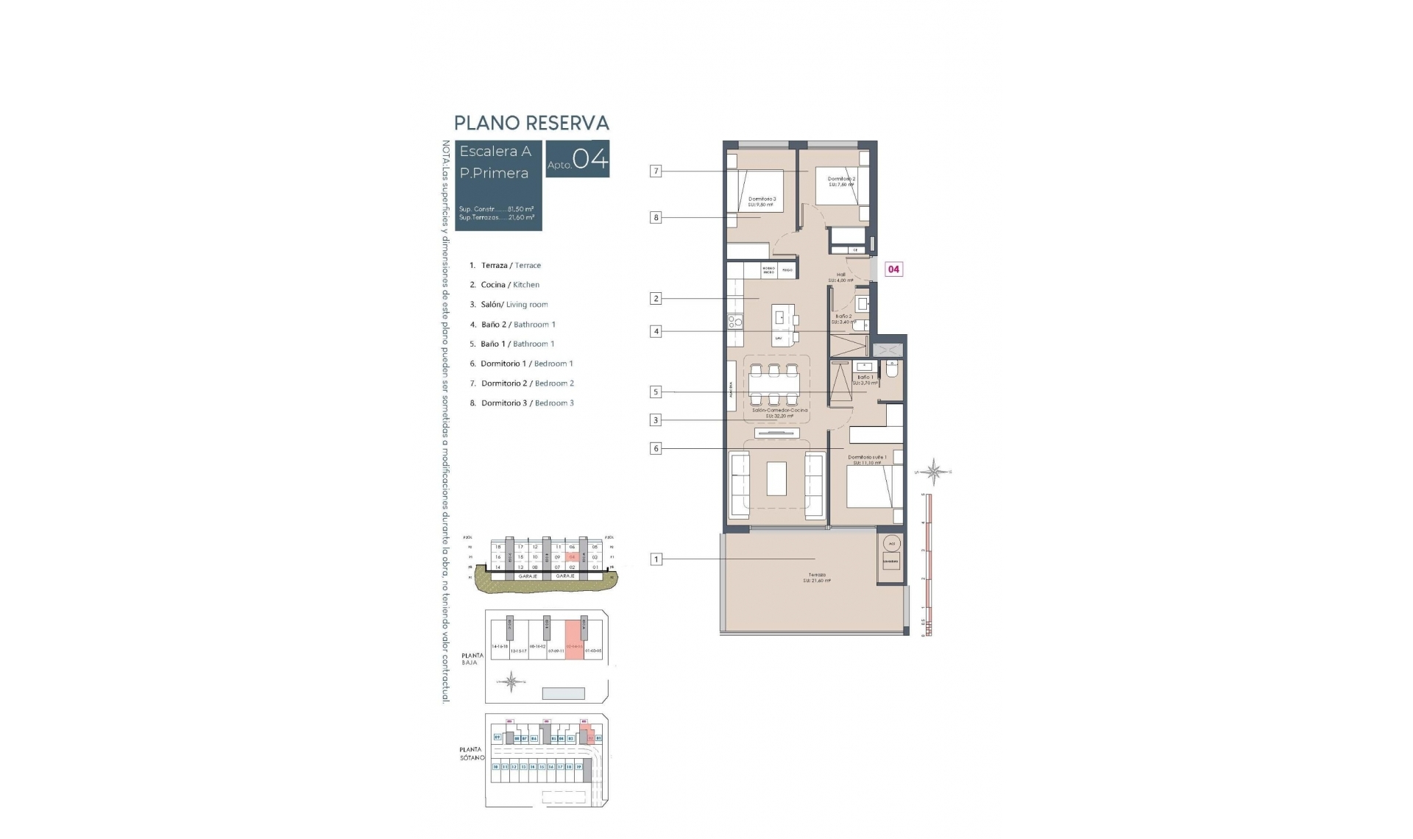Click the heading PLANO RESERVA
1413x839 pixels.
(x=531, y=123)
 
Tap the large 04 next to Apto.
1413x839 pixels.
(x=590, y=159)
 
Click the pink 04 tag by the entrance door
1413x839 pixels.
(x=893, y=269)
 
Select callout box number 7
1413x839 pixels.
(x=656, y=171)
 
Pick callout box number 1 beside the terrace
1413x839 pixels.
(x=656, y=559)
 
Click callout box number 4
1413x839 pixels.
(x=656, y=331)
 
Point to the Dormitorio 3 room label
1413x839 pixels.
(x=762, y=201)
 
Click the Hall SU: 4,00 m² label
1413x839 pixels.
(x=840, y=277)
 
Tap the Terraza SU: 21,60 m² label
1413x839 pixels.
(x=817, y=578)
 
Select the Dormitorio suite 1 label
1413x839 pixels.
(x=867, y=459)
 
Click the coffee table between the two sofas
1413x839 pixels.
(x=776, y=478)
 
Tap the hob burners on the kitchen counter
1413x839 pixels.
(x=734, y=321)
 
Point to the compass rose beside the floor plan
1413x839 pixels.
(x=934, y=472)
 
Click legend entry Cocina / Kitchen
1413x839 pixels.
(x=510, y=285)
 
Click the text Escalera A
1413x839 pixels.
(x=495, y=152)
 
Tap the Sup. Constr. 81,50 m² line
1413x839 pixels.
(x=496, y=209)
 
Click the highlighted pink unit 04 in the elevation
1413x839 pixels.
(x=572, y=557)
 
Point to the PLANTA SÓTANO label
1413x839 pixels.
(x=472, y=754)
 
